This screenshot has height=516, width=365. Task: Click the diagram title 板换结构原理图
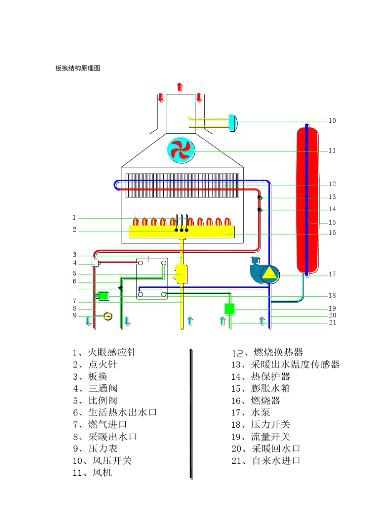click(78, 68)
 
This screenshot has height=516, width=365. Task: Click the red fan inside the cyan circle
click(181, 150)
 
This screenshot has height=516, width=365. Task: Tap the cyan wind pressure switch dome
click(233, 123)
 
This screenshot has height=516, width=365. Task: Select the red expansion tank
click(307, 200)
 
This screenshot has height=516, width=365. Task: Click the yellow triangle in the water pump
click(270, 273)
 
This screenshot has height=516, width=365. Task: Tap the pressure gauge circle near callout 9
click(108, 316)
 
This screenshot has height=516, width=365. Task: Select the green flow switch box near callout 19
click(229, 309)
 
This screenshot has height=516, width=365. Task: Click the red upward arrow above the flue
click(179, 87)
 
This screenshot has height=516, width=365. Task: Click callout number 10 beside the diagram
click(332, 121)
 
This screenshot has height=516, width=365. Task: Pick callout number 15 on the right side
click(332, 223)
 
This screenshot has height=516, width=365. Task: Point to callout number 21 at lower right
click(332, 322)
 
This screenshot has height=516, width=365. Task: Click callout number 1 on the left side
click(75, 218)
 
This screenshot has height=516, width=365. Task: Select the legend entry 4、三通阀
click(95, 389)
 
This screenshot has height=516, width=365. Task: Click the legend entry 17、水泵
click(251, 413)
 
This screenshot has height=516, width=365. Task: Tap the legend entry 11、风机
click(92, 473)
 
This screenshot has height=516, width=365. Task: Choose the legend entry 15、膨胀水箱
click(260, 389)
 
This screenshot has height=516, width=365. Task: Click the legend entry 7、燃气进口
click(100, 425)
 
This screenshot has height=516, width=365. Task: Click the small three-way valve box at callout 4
click(95, 263)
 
